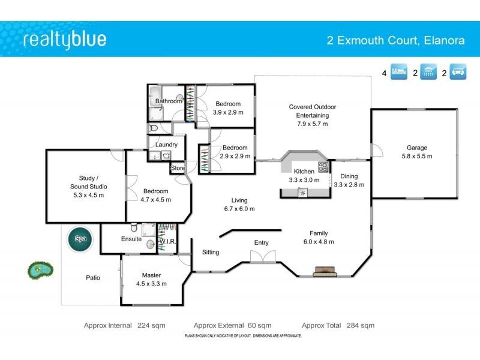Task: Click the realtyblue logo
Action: pyautogui.click(x=65, y=40)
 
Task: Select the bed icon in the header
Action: pyautogui.click(x=400, y=73)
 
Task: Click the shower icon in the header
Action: pyautogui.click(x=428, y=73)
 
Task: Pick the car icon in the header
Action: pyautogui.click(x=458, y=73)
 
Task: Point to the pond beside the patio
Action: pyautogui.click(x=40, y=270)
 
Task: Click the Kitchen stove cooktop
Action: pyautogui.click(x=323, y=167)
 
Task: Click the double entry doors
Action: pyautogui.click(x=263, y=257)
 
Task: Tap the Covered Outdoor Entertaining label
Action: pyautogui.click(x=313, y=111)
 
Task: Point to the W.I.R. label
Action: pyautogui.click(x=166, y=242)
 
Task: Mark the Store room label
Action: pyautogui.click(x=178, y=169)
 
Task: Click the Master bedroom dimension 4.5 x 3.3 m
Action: pyautogui.click(x=151, y=284)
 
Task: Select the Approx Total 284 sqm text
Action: pyautogui.click(x=338, y=325)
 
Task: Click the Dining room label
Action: pyautogui.click(x=349, y=176)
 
